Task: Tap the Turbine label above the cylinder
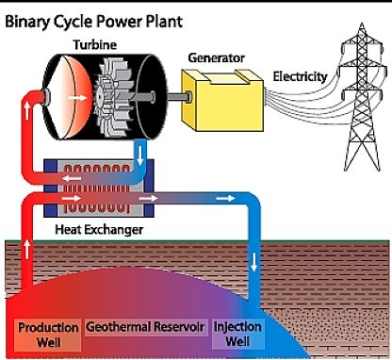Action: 96,44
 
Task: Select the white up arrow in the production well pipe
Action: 24,251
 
